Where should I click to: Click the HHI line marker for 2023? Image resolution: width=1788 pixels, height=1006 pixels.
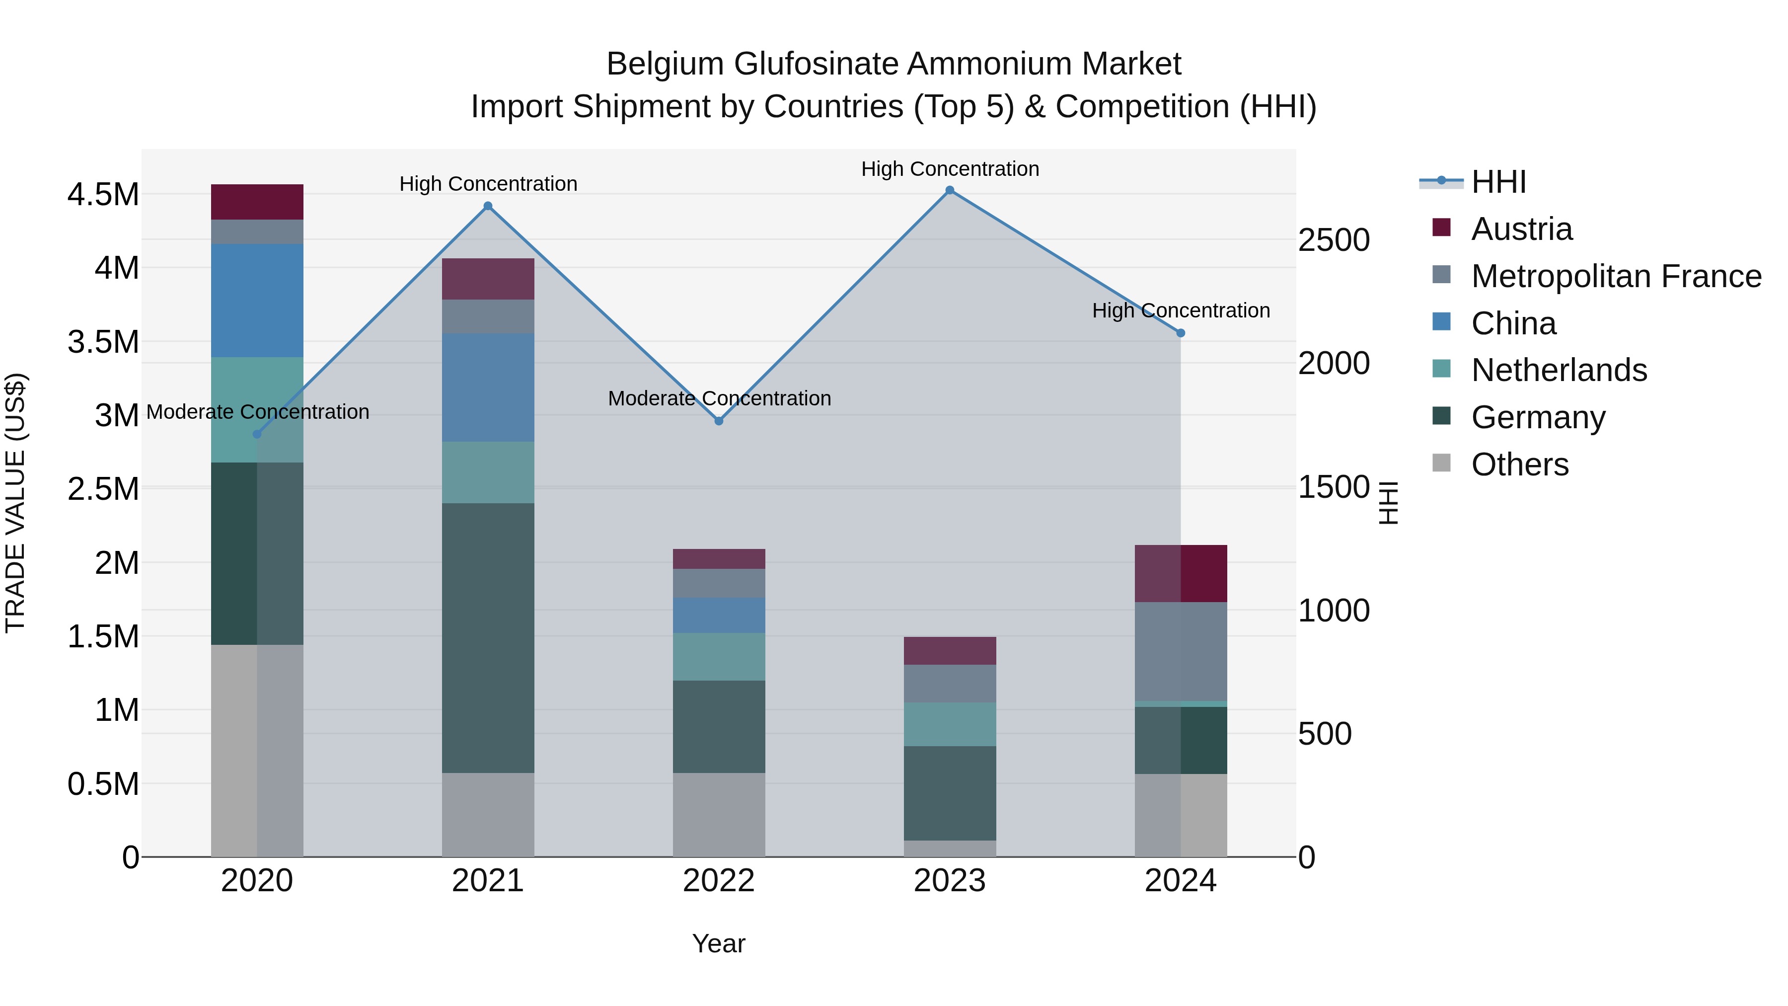(950, 190)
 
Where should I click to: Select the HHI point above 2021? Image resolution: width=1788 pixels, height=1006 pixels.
(488, 206)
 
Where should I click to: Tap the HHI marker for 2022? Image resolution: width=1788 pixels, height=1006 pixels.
(719, 421)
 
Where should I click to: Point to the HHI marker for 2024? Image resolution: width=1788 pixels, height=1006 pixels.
(1181, 333)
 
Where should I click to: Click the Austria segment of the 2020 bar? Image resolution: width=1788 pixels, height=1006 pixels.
(257, 202)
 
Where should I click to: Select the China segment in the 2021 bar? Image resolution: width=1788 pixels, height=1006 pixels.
(488, 387)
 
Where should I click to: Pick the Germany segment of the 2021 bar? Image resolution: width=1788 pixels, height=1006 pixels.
(488, 637)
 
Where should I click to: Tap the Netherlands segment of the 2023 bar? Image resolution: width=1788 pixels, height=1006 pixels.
(950, 724)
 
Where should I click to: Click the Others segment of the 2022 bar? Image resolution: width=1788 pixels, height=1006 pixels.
(719, 814)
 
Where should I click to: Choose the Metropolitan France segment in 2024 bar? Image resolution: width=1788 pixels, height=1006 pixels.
(1181, 651)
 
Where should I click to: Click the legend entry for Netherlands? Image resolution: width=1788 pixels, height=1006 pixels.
(1558, 370)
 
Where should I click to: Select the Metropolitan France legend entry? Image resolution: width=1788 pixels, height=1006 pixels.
(1616, 276)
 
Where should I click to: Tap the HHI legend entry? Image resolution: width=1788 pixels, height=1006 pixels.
(1498, 182)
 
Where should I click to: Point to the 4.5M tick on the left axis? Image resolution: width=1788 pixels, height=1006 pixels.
(103, 194)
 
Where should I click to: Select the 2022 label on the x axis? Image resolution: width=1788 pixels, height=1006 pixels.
(719, 881)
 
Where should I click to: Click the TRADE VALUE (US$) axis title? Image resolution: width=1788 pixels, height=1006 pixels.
(15, 503)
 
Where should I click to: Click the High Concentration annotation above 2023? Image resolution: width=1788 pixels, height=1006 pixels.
(950, 169)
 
